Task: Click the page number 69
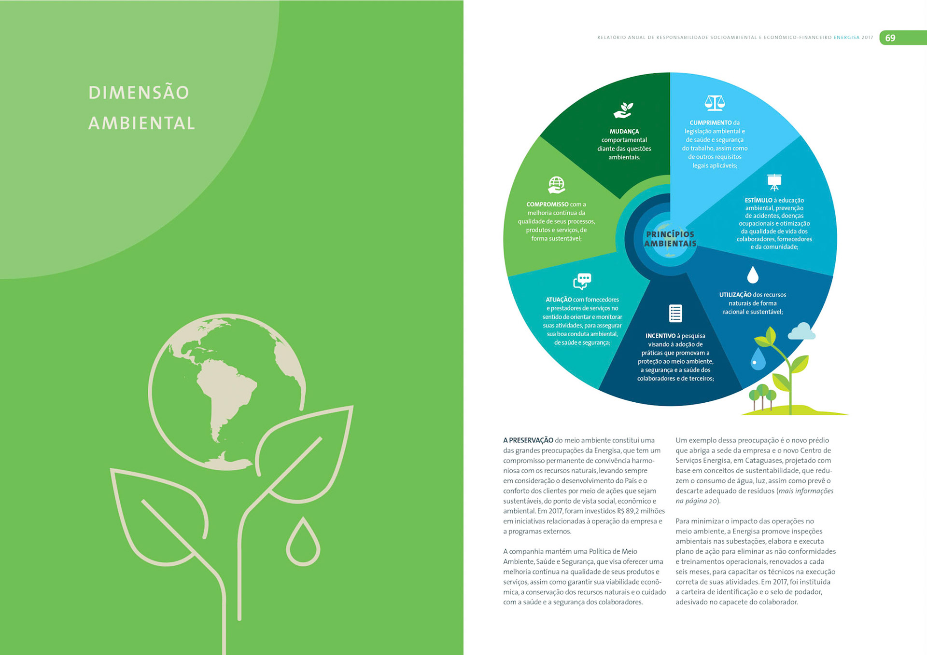click(x=890, y=38)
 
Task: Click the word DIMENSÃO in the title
click(x=139, y=93)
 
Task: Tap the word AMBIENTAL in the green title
click(x=141, y=123)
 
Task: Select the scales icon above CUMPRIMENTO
click(x=715, y=103)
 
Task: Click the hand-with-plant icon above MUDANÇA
click(x=623, y=110)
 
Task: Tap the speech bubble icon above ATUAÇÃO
click(x=582, y=281)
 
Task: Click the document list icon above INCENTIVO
click(x=675, y=314)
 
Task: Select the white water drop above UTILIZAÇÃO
click(x=753, y=275)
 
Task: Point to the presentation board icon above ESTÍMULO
click(x=774, y=182)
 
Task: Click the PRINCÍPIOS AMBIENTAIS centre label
click(x=670, y=239)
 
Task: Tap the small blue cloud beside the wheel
click(x=801, y=332)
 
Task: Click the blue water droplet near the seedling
click(x=758, y=359)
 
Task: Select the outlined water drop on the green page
click(x=303, y=543)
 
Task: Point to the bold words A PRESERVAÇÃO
click(x=528, y=440)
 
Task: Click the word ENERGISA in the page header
click(x=846, y=38)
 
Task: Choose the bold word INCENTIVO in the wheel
click(x=660, y=336)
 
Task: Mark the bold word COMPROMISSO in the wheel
click(x=547, y=205)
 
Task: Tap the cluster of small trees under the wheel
click(x=762, y=396)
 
